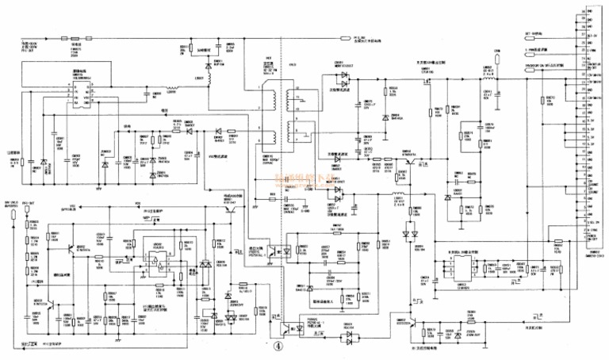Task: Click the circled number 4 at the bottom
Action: (278, 346)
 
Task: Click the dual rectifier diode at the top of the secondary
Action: (342, 78)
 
